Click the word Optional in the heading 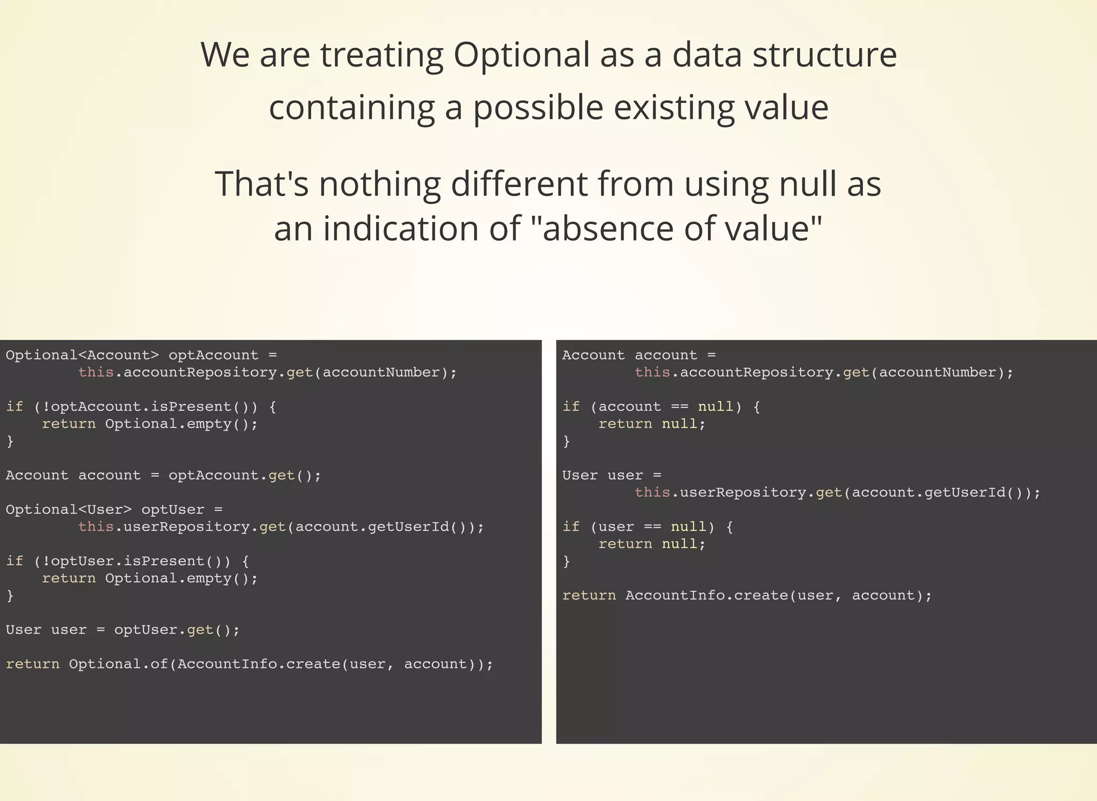pyautogui.click(x=521, y=56)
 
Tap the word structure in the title pyautogui.click(x=824, y=56)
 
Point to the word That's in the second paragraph pyautogui.click(x=261, y=184)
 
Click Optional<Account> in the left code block pyautogui.click(x=82, y=355)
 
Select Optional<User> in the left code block pyautogui.click(x=69, y=510)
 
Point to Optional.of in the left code pyautogui.click(x=118, y=664)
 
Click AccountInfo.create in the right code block pyautogui.click(x=707, y=596)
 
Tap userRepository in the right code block pyautogui.click(x=742, y=493)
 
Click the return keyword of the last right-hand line pyautogui.click(x=589, y=596)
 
